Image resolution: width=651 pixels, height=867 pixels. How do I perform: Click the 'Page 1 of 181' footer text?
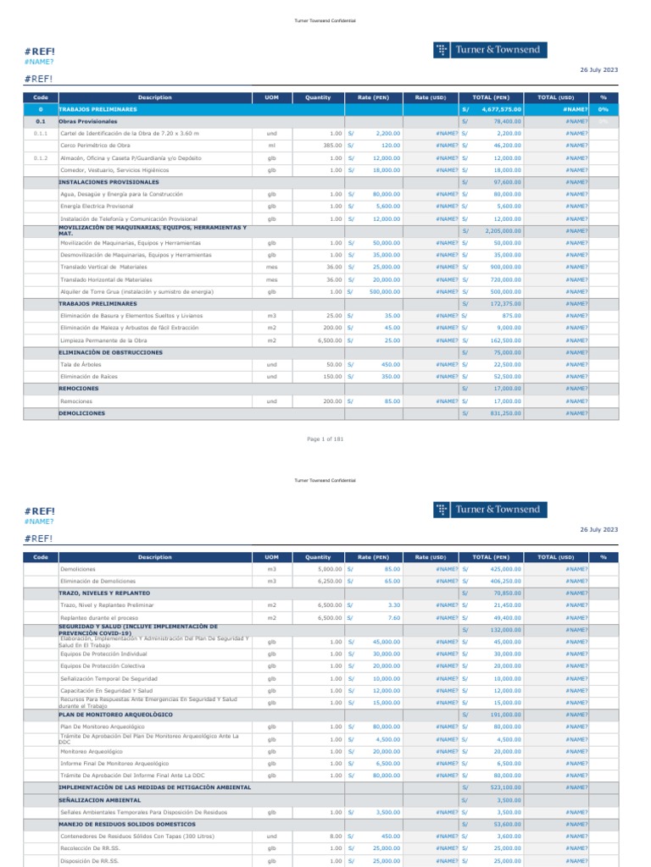(325, 439)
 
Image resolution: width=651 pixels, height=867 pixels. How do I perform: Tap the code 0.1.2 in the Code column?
(41, 158)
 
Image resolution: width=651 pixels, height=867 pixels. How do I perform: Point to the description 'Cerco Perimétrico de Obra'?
(96, 146)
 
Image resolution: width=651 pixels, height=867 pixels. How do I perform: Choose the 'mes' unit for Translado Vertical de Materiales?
(272, 268)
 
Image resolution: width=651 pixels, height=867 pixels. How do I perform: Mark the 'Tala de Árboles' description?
(77, 365)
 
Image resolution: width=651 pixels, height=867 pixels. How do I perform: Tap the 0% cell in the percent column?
(604, 110)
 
